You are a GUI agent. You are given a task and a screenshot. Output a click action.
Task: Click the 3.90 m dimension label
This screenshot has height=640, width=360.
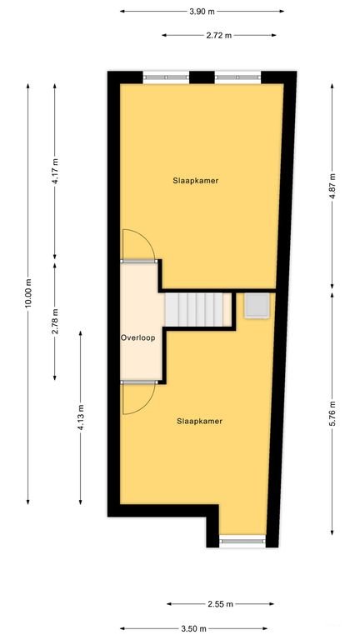pos(202,12)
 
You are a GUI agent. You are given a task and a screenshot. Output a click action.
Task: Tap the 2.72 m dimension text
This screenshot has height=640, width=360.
pos(219,35)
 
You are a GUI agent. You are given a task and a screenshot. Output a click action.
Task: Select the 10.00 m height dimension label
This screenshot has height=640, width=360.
pos(27,293)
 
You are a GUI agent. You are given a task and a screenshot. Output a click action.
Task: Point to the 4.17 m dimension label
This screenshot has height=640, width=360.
pos(55,172)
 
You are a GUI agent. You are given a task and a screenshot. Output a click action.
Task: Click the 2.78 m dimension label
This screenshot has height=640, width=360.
pos(55,321)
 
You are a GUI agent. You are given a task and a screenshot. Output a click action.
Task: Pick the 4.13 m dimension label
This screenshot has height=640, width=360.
pos(81,417)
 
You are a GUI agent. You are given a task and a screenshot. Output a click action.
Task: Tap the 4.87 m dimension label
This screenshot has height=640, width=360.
pos(332,187)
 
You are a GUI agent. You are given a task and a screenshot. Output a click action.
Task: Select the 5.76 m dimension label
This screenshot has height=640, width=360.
pos(332,413)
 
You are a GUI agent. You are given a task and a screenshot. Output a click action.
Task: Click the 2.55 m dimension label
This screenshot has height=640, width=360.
pos(220,603)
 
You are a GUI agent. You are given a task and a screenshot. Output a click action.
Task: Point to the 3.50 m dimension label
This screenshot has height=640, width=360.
pos(194,628)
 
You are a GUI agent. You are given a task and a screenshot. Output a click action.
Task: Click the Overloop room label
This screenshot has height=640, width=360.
pos(138,338)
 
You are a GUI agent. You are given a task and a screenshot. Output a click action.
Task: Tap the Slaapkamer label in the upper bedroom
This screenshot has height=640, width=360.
pos(196,180)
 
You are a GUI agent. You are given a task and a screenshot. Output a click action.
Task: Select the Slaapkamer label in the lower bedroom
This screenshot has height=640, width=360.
pos(200,421)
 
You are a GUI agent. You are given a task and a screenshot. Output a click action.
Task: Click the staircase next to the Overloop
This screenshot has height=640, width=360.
pos(197,310)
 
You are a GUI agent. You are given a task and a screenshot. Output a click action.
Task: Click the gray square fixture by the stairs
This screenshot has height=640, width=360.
pos(257,305)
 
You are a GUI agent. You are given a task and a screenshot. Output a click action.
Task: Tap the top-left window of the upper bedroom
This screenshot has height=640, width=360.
pos(166,77)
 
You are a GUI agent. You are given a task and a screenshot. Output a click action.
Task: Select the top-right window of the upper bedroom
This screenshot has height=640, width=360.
pos(238,77)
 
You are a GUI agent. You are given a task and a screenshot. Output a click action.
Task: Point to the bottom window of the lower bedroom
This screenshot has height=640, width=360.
pos(242,541)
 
